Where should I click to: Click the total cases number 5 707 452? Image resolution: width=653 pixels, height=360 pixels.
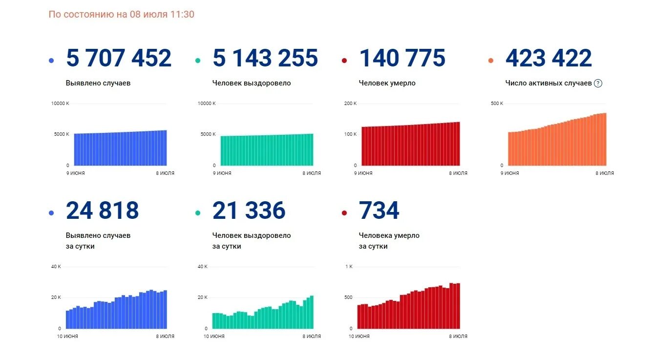(119, 58)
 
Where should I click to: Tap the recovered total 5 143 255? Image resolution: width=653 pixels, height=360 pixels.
(265, 58)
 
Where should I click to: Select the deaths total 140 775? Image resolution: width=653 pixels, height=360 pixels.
(402, 58)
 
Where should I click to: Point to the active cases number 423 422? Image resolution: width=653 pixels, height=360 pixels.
(548, 58)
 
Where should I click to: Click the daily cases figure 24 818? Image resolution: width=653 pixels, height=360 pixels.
(103, 211)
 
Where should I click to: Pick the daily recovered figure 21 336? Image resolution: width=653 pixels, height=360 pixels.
(249, 211)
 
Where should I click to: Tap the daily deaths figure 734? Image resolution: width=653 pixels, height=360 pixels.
(379, 211)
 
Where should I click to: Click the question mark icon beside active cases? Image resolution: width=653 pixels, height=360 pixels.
(598, 83)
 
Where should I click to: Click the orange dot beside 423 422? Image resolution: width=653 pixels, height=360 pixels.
(491, 61)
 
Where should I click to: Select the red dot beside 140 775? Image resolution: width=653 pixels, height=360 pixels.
(344, 61)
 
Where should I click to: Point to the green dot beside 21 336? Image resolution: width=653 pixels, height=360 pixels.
(198, 213)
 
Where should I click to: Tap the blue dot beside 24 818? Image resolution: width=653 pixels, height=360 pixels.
(51, 213)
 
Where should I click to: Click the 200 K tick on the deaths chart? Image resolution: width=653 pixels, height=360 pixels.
(351, 104)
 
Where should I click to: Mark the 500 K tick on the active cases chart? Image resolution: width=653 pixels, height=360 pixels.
(497, 104)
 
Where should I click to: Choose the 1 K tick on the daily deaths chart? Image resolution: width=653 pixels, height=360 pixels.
(349, 267)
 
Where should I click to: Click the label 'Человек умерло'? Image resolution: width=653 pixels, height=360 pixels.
(387, 83)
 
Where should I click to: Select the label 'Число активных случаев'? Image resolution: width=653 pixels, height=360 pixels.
(548, 83)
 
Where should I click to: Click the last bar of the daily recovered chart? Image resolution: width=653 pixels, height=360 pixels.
(312, 312)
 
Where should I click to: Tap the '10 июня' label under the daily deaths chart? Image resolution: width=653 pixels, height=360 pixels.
(359, 336)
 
